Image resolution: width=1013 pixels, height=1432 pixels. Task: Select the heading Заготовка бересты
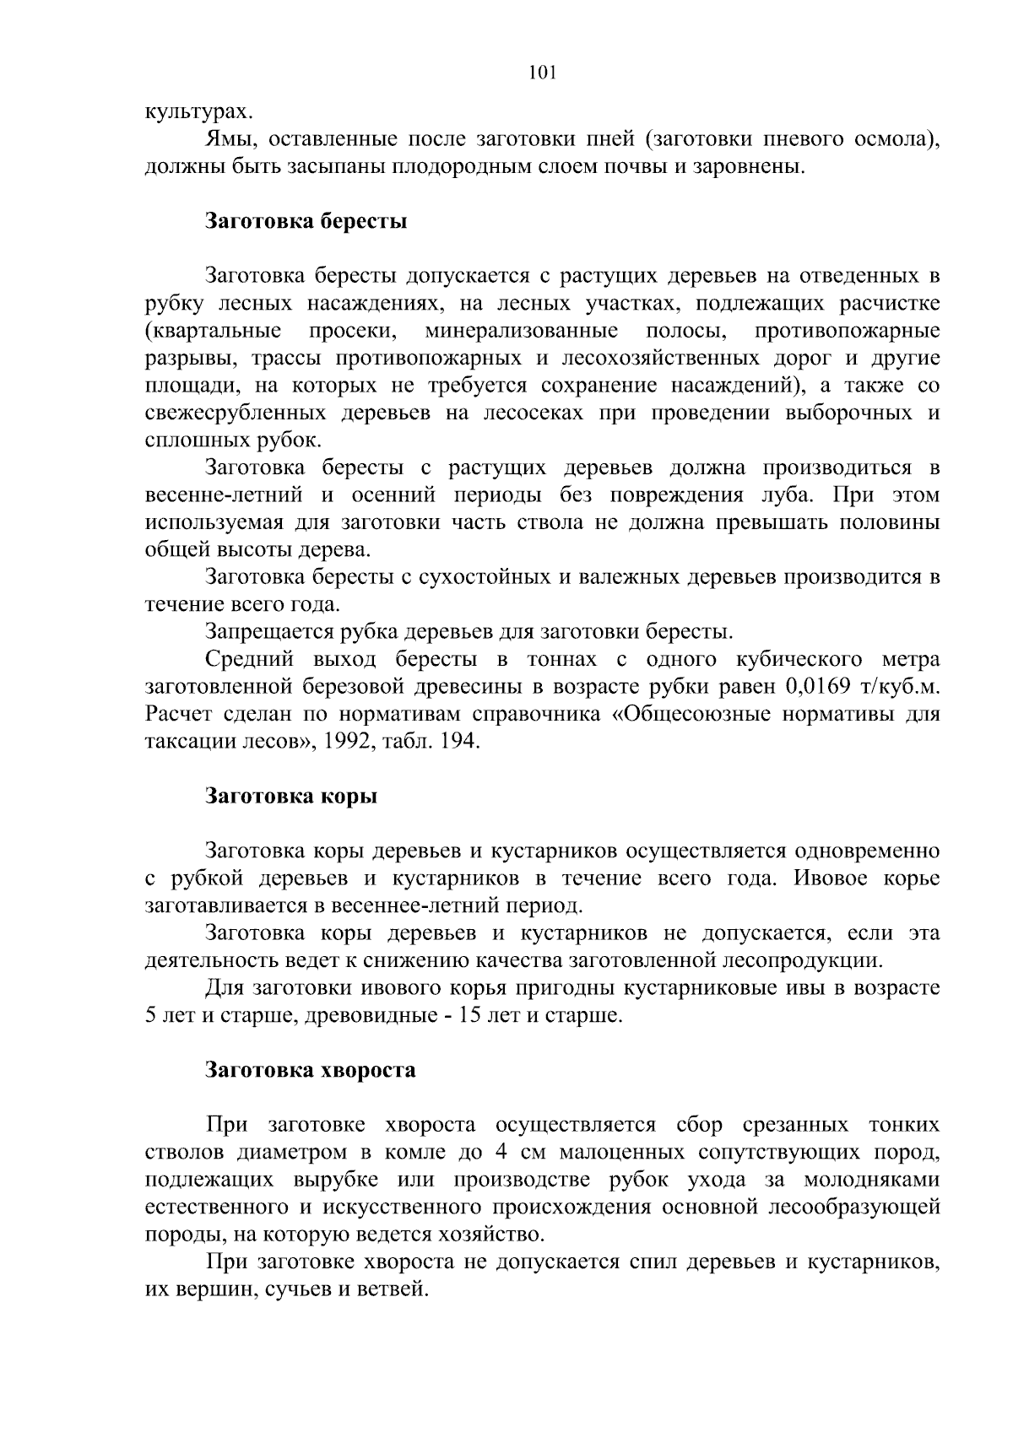306,221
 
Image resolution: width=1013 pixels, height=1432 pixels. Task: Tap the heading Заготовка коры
291,796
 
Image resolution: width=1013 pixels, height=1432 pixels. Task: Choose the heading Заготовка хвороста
311,1070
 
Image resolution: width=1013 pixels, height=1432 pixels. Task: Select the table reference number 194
459,742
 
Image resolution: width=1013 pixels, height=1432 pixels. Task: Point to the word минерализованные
521,330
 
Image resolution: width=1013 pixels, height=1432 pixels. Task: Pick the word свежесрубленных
236,413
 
